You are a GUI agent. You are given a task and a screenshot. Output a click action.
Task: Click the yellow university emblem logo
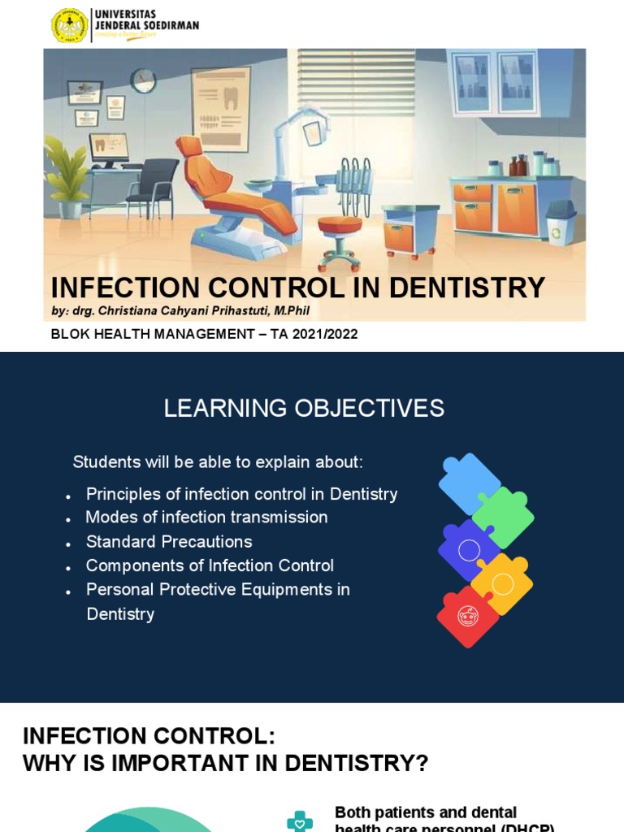70,25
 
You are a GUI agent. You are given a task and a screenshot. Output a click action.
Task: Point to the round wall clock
143,80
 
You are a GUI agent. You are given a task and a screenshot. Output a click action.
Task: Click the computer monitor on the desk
108,149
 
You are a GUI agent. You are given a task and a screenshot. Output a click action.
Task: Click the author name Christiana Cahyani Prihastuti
188,311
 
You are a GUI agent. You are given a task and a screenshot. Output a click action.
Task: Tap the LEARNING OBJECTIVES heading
304,408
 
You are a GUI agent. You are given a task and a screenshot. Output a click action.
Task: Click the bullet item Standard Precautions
169,541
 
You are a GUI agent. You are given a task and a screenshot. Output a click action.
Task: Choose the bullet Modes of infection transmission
206,518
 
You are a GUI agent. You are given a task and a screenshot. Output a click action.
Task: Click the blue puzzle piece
468,481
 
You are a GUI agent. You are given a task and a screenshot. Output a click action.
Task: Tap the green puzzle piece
505,517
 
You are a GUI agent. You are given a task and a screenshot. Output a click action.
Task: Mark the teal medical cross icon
300,821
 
